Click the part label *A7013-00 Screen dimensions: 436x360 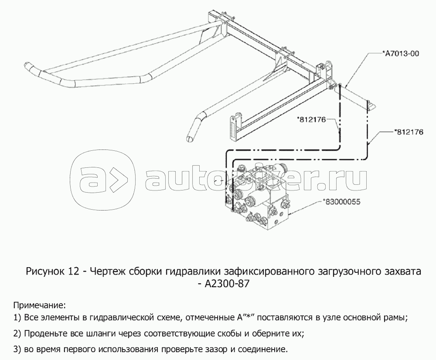tap(400, 54)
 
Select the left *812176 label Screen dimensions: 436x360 tap(311, 120)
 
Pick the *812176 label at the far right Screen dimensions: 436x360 tap(409, 132)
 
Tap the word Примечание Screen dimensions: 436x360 tap(40, 306)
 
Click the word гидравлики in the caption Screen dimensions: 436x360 tap(193, 272)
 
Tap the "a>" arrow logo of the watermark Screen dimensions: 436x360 tap(102, 180)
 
